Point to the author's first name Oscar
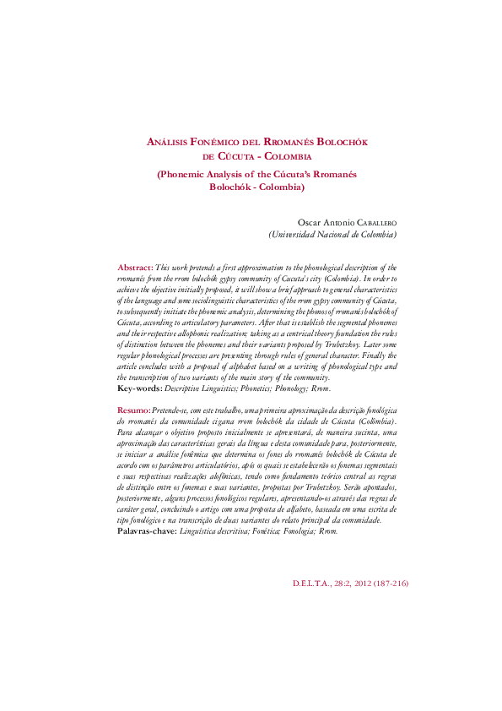click(x=302, y=222)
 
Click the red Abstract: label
click(x=135, y=266)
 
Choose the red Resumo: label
click(x=134, y=409)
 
